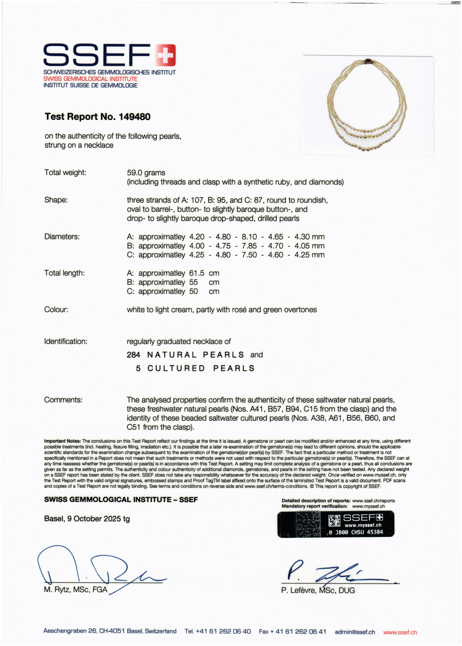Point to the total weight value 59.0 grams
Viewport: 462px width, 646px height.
pyautogui.click(x=146, y=173)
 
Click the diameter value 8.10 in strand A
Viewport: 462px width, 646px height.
pyautogui.click(x=249, y=237)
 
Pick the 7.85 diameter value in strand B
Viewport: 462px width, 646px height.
pyautogui.click(x=249, y=246)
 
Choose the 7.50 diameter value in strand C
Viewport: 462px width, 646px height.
pyautogui.click(x=249, y=255)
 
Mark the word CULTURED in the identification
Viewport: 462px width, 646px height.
pyautogui.click(x=176, y=368)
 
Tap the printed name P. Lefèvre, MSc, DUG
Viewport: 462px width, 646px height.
pyautogui.click(x=318, y=590)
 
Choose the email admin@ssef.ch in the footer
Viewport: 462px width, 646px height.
pyautogui.click(x=355, y=632)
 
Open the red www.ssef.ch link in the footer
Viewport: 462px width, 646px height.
pyautogui.click(x=400, y=632)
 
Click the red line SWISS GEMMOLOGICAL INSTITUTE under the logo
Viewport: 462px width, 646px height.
pyautogui.click(x=90, y=79)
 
